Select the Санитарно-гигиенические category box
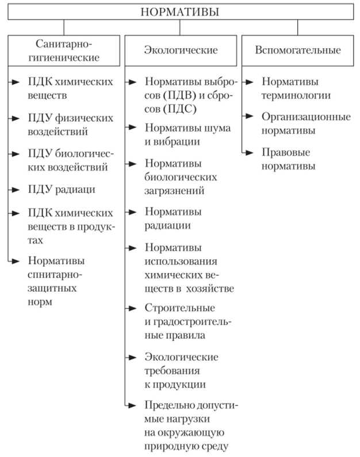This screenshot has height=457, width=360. [x=64, y=49]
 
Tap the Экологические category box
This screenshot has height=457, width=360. [x=181, y=50]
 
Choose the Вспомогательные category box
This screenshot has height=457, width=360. [x=298, y=50]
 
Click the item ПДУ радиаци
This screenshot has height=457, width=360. [x=61, y=189]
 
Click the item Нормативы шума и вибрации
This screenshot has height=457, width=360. [x=187, y=135]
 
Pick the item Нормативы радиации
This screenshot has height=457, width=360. [x=173, y=218]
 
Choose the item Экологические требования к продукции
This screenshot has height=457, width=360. [x=182, y=371]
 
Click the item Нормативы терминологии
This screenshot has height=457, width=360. [x=296, y=89]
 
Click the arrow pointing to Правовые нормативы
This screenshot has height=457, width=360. [x=248, y=152]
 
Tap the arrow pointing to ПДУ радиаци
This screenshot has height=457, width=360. [x=14, y=189]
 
